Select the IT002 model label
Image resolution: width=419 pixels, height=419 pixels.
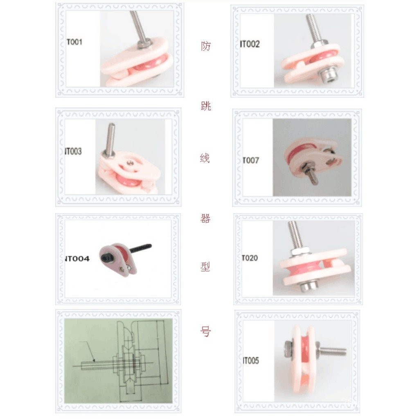[x=250, y=44]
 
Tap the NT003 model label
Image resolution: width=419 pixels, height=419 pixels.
[x=74, y=151]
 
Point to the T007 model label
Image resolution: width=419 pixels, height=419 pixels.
[x=250, y=160]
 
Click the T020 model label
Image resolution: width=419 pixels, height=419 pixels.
[x=250, y=258]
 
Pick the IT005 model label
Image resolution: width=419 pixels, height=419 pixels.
[x=250, y=360]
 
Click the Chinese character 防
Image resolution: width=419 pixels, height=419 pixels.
[x=205, y=46]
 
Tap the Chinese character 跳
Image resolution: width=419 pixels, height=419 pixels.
[x=205, y=106]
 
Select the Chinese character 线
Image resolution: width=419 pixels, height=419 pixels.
[x=205, y=158]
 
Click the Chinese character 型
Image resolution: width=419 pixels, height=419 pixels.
[x=205, y=267]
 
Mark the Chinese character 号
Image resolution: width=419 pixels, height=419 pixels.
[x=205, y=331]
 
